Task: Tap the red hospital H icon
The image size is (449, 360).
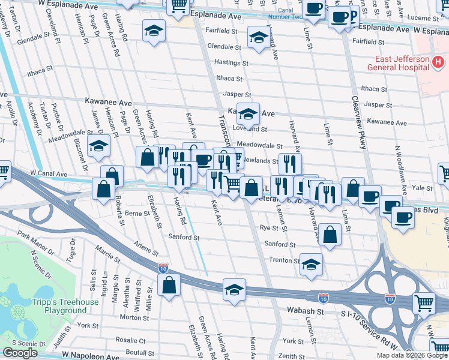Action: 439,61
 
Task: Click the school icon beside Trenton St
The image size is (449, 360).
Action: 311,265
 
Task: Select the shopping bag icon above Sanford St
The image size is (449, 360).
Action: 330,235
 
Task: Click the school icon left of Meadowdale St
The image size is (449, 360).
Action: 98,145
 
